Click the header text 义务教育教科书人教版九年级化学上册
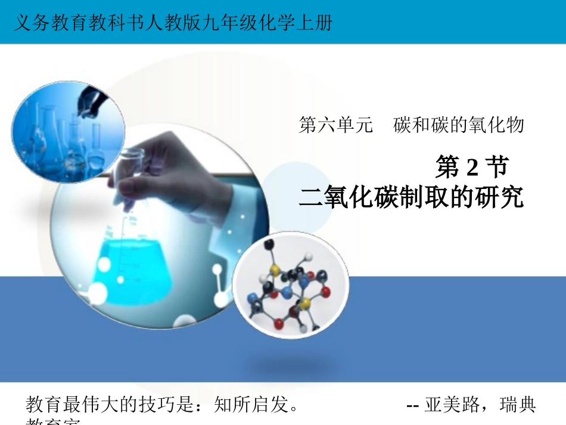point(172,23)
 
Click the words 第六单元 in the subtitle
point(335,125)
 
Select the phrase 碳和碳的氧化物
point(459,125)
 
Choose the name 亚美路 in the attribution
point(452,406)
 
